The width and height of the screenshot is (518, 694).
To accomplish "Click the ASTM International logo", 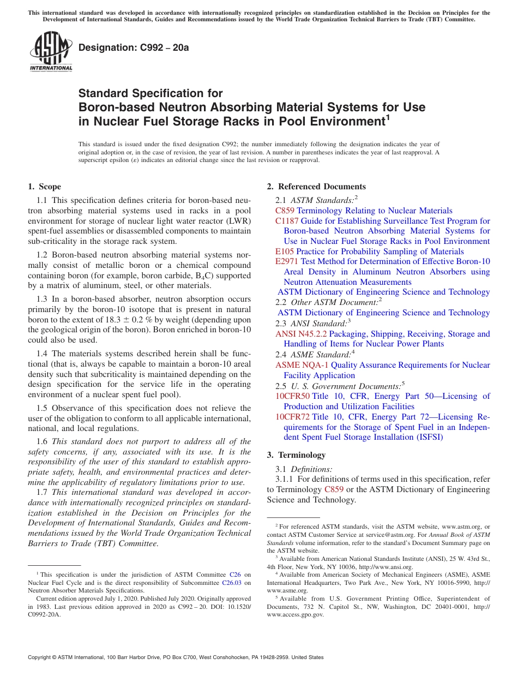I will click(x=51, y=52).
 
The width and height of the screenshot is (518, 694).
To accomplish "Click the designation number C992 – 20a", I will click(x=134, y=47).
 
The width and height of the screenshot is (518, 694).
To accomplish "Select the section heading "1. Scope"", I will click(x=45, y=187).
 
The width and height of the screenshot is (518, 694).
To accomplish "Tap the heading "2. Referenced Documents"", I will click(x=316, y=187).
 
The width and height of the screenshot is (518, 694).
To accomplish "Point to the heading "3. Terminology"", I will click(x=296, y=455).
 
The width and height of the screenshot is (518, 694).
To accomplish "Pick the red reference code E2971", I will click(x=287, y=261).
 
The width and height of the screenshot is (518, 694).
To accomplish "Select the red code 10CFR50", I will click(x=292, y=396).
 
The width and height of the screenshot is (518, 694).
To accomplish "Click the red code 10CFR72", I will click(x=292, y=417).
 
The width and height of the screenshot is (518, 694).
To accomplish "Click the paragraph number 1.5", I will click(x=42, y=408).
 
